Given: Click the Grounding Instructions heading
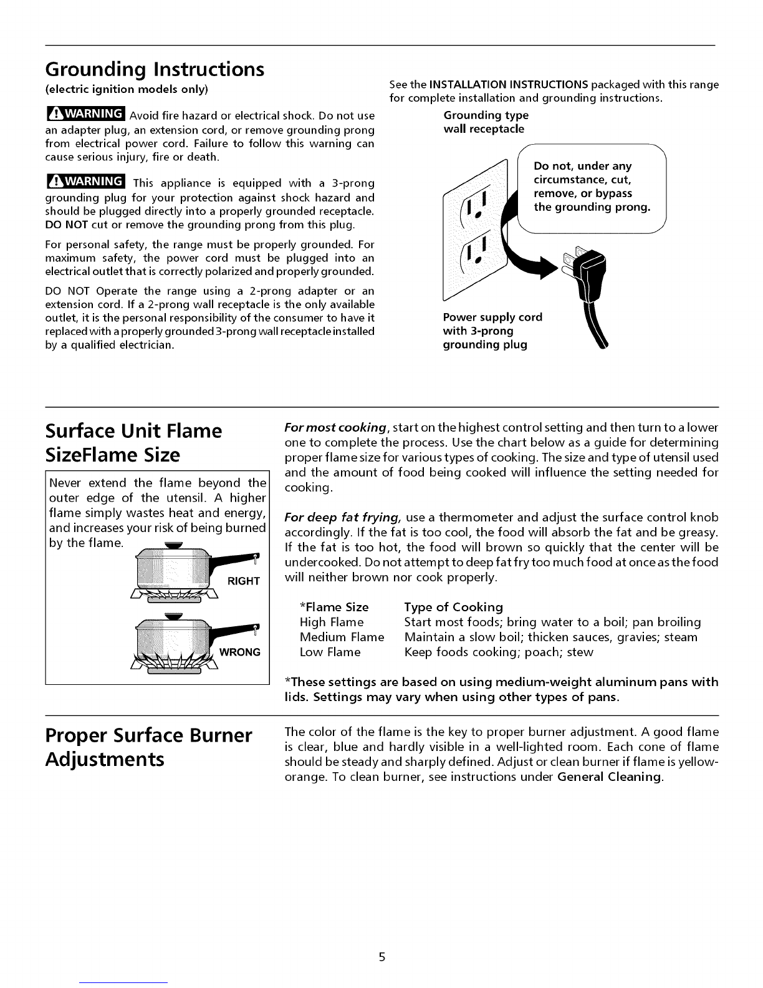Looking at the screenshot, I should click(x=155, y=69).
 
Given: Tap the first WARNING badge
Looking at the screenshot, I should click(x=86, y=114).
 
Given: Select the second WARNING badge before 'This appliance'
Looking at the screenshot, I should click(x=86, y=181).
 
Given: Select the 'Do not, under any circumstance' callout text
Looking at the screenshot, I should click(x=592, y=186).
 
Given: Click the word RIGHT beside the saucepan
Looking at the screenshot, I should click(x=244, y=581).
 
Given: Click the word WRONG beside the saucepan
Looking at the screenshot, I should click(x=240, y=652).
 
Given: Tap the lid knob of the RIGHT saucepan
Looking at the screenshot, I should click(x=170, y=546).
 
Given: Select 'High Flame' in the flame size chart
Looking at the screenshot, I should click(x=332, y=622).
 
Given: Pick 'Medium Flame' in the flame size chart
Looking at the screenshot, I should click(x=342, y=637).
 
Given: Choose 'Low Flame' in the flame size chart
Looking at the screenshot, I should click(x=330, y=652).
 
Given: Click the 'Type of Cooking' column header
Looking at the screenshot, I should click(x=453, y=607).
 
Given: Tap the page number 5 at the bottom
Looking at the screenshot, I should click(x=381, y=957).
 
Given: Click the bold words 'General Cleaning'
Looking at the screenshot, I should click(x=609, y=777).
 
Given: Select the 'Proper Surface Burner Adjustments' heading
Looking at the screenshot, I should click(x=148, y=747).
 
